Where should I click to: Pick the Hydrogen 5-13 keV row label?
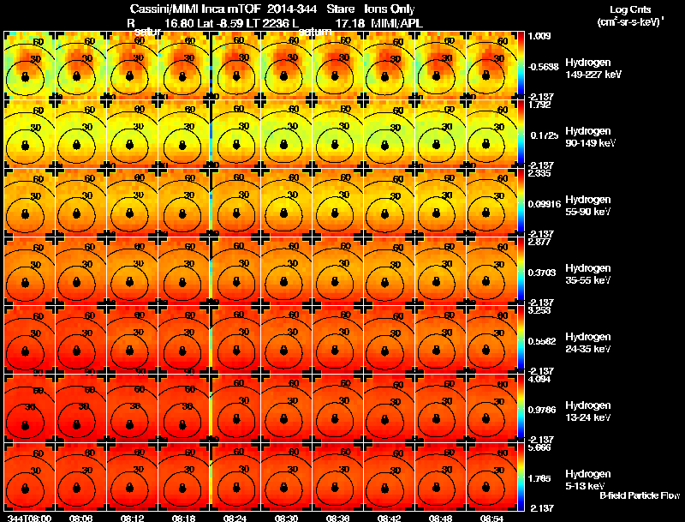(587, 479)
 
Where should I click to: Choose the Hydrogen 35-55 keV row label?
(588, 274)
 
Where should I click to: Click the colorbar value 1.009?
(540, 36)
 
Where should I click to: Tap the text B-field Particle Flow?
(639, 495)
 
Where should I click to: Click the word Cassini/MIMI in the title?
(162, 9)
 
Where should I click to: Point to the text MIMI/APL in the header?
(396, 23)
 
